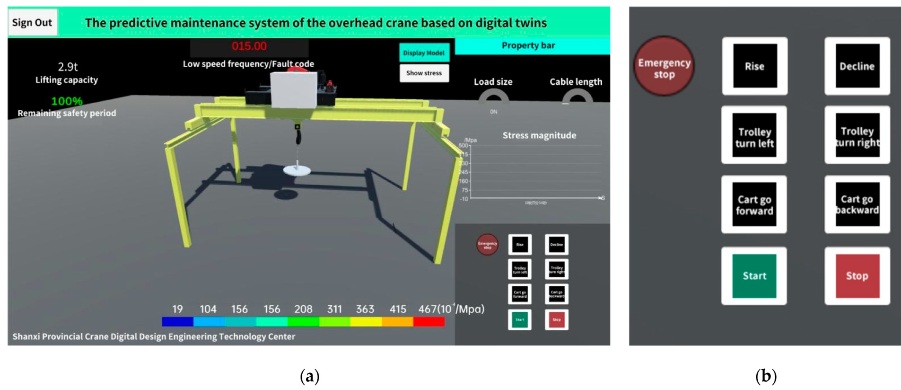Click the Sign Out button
coord(32,22)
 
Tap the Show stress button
coord(424,73)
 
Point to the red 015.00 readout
coord(249,46)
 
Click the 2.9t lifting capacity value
coord(68,67)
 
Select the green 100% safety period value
coord(67,101)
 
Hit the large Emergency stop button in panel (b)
coord(664,67)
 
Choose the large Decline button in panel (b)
coord(857,66)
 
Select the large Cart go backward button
coord(857,204)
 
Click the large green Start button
coord(754,276)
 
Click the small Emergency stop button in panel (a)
coord(487,245)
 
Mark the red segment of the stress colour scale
coord(429,322)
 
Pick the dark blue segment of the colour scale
coord(177,322)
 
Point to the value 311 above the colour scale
coord(334,309)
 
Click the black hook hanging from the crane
coord(297,136)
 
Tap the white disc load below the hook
coord(297,170)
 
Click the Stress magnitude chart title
coord(539,135)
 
